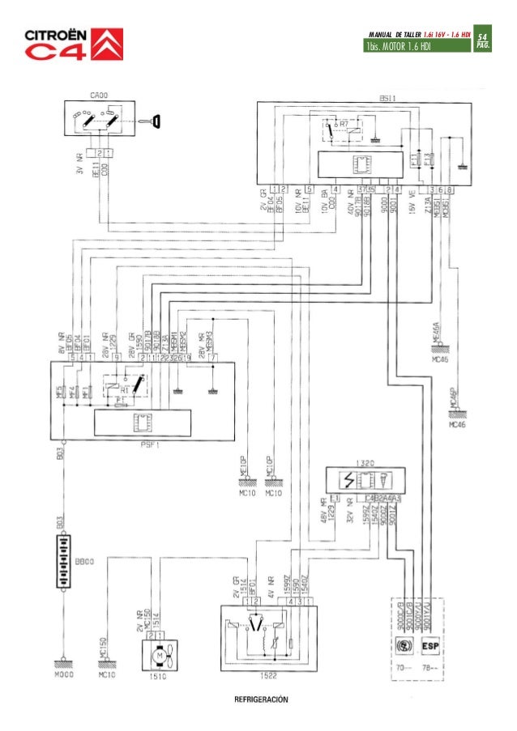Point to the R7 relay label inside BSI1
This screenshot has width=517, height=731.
click(x=344, y=125)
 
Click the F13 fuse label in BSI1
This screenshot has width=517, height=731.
click(x=429, y=159)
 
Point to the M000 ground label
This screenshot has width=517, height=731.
click(x=63, y=674)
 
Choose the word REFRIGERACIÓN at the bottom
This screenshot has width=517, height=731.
click(x=262, y=699)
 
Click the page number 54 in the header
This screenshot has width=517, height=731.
click(x=482, y=38)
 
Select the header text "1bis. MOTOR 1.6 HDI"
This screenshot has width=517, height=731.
click(x=399, y=45)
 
